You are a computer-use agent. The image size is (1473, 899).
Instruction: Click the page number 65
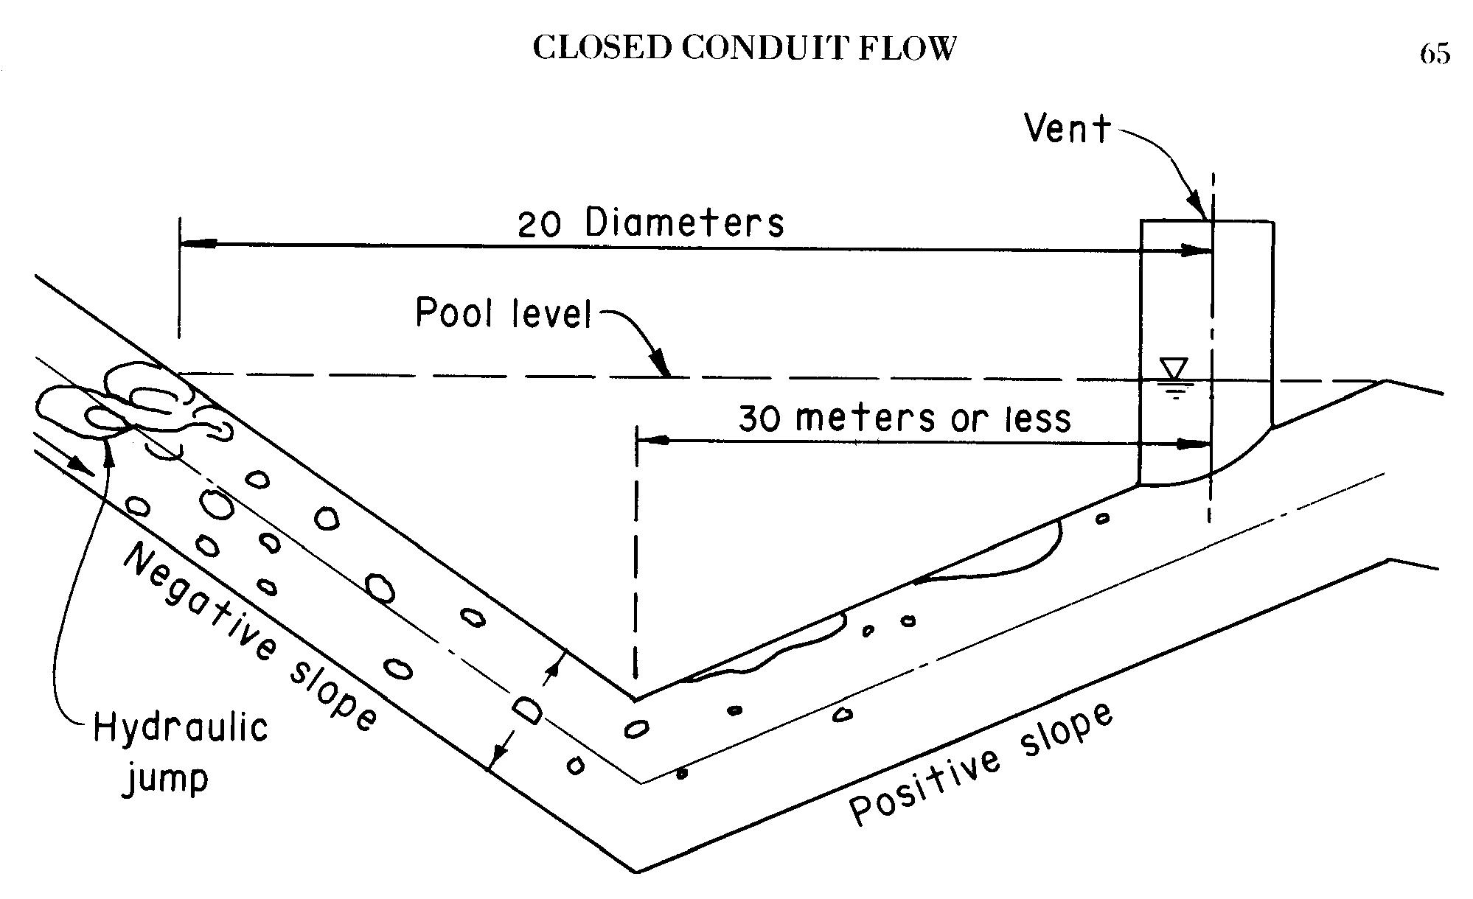(x=1435, y=53)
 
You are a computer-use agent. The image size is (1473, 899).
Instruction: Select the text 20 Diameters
(x=650, y=223)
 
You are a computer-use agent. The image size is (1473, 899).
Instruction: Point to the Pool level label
(x=504, y=313)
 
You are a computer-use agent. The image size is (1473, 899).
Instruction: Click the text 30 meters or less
(x=905, y=419)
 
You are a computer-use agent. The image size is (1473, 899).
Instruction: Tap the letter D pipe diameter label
(x=528, y=711)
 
